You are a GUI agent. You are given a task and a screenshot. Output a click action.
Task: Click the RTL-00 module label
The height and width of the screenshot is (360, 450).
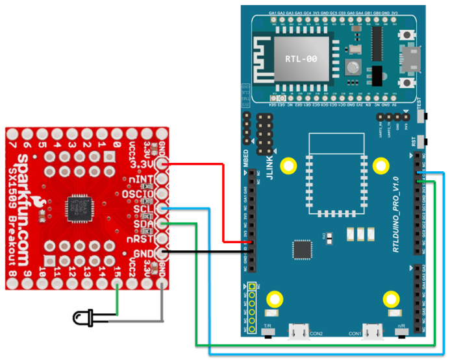tap(301, 58)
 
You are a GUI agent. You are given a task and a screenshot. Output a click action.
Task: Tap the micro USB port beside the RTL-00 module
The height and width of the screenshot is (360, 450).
tap(410, 57)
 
